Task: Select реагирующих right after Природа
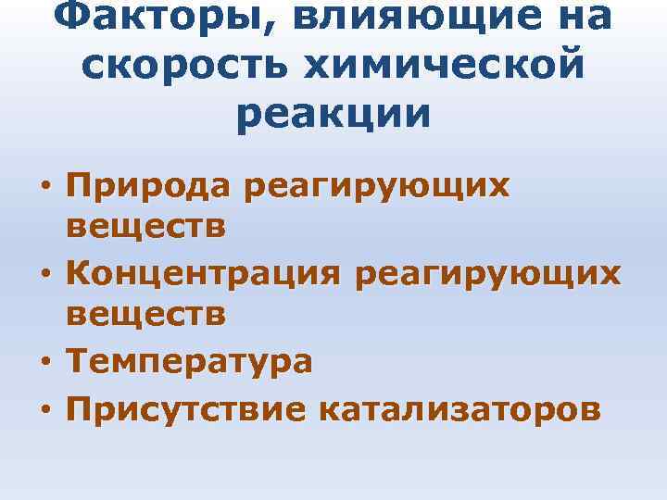click(374, 186)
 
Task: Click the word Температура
click(190, 361)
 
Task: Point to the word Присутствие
click(186, 405)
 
